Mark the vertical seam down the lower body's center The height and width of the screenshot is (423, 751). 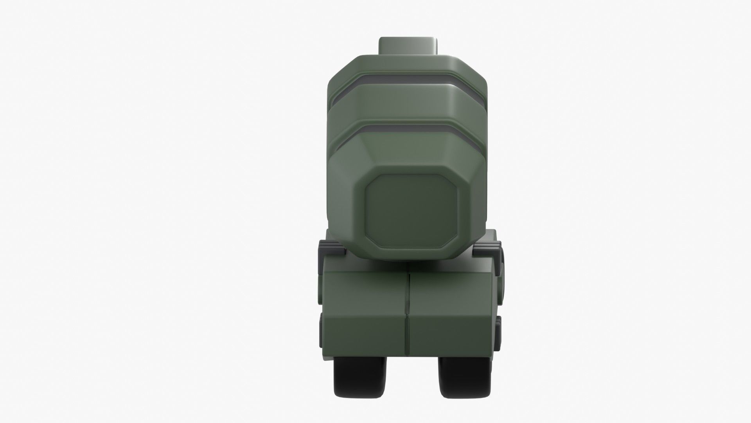(408, 309)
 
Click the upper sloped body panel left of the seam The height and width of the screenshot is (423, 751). (366, 290)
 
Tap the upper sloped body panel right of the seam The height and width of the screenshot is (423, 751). (450, 290)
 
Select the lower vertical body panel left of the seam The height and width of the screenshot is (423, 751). (366, 333)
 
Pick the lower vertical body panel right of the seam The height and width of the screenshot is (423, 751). (450, 333)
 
